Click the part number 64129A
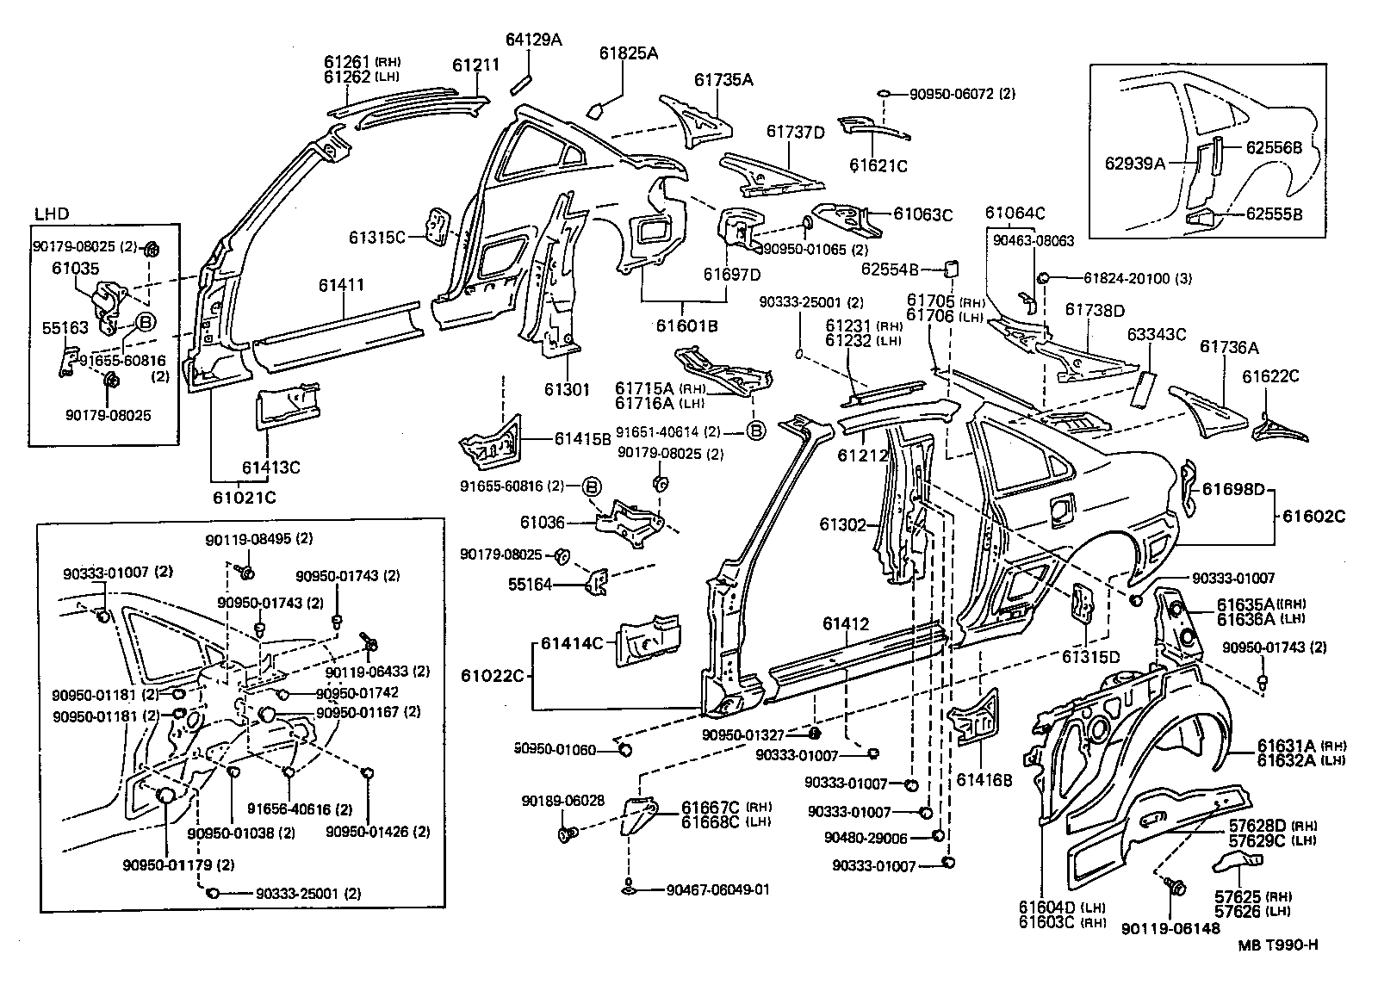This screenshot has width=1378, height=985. pyautogui.click(x=534, y=39)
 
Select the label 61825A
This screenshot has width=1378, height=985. pyautogui.click(x=629, y=53)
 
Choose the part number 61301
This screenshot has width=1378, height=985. pyautogui.click(x=566, y=389)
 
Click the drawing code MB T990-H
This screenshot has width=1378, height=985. pyautogui.click(x=1278, y=945)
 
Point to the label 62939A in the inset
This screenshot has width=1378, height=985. pyautogui.click(x=1134, y=162)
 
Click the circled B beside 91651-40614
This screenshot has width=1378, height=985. pyautogui.click(x=754, y=431)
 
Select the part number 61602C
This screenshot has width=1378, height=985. pyautogui.click(x=1313, y=517)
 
